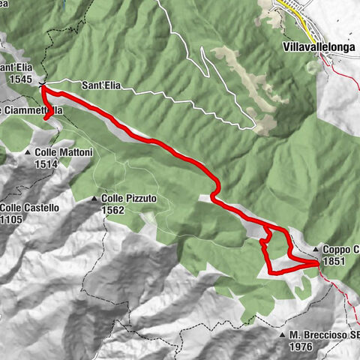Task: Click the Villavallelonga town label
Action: click(318, 46)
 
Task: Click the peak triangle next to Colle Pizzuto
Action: click(95, 199)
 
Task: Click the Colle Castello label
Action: click(26, 208)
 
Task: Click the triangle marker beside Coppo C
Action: click(316, 249)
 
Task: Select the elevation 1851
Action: click(334, 261)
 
